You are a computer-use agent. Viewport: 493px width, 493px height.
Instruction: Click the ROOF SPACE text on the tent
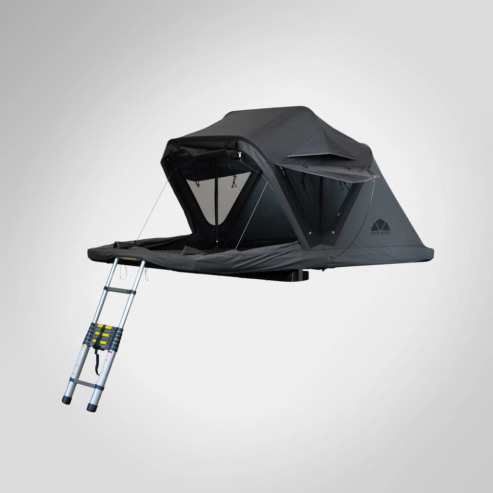pos(380,233)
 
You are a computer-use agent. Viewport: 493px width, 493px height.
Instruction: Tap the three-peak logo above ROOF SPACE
pos(380,225)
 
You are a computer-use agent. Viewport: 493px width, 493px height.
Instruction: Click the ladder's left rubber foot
pos(66,400)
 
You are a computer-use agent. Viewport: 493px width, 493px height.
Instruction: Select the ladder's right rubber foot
pos(91,407)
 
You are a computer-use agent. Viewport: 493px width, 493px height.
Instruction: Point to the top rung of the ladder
pos(120,290)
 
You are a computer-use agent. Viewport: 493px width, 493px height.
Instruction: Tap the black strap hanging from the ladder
pos(97,361)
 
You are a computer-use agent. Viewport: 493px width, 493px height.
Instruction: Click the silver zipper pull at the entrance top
pos(239,156)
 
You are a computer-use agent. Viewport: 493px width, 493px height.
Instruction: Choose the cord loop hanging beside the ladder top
pos(124,275)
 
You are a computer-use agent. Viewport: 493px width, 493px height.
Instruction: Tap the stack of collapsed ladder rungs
pos(103,335)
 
